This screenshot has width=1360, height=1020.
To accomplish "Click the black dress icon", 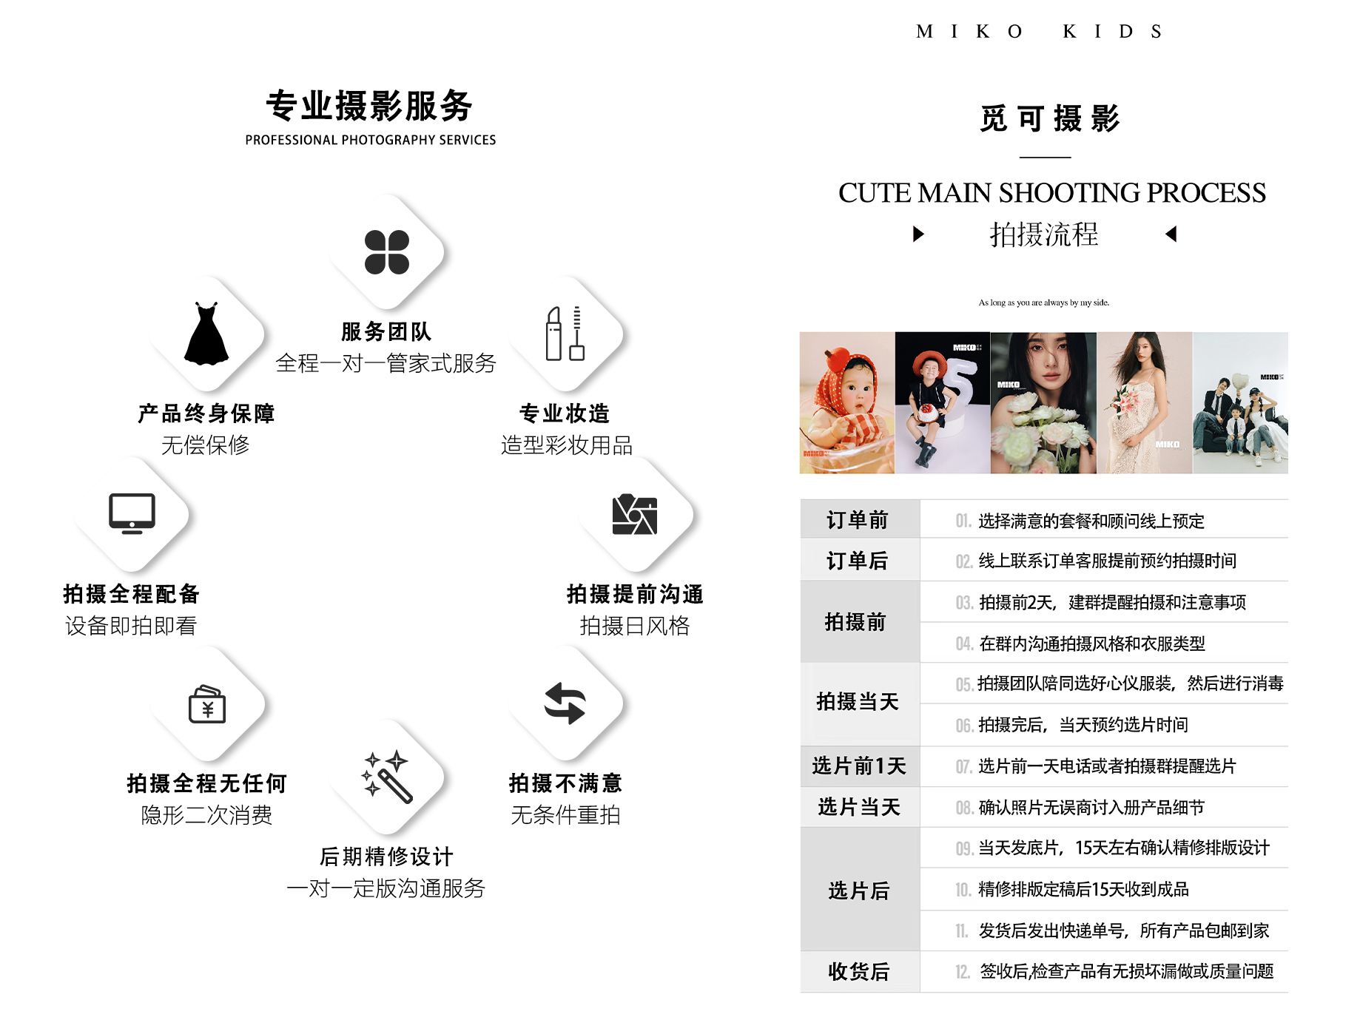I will click(x=206, y=334).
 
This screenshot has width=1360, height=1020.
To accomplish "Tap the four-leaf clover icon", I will click(x=386, y=252).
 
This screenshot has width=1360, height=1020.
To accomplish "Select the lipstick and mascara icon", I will click(x=565, y=334).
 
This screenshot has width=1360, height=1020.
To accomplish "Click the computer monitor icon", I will click(x=132, y=513).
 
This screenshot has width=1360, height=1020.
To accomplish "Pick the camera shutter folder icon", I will click(x=635, y=514).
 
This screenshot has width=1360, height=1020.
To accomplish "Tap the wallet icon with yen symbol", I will click(x=207, y=703).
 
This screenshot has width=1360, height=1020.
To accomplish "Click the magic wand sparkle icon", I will click(x=386, y=777).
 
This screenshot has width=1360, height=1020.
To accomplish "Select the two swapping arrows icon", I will click(x=565, y=703).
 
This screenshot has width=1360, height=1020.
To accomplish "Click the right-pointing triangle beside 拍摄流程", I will click(x=918, y=234).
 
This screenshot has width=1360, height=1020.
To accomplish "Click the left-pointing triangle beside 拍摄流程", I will click(x=1171, y=234).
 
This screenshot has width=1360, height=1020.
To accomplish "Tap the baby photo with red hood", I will click(x=847, y=402).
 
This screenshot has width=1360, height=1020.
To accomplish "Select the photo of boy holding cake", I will click(x=942, y=402).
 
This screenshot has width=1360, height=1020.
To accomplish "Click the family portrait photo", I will click(x=1240, y=402).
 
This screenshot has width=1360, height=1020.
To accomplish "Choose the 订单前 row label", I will click(x=858, y=520).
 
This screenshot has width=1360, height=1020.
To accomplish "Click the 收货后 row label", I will click(x=858, y=971).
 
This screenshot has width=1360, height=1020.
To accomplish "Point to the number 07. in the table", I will click(x=963, y=766).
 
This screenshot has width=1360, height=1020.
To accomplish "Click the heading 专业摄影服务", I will click(x=370, y=106).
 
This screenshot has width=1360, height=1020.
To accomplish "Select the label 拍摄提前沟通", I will click(x=635, y=594).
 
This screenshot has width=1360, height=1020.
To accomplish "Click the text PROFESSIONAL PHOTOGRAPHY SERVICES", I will click(x=370, y=140).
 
